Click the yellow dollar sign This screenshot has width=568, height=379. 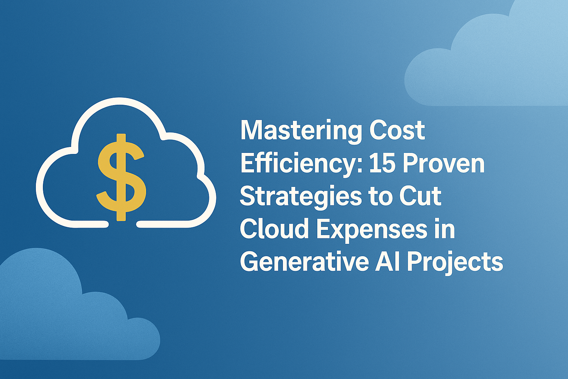pyautogui.click(x=121, y=177)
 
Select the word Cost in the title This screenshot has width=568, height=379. pyautogui.click(x=397, y=130)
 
